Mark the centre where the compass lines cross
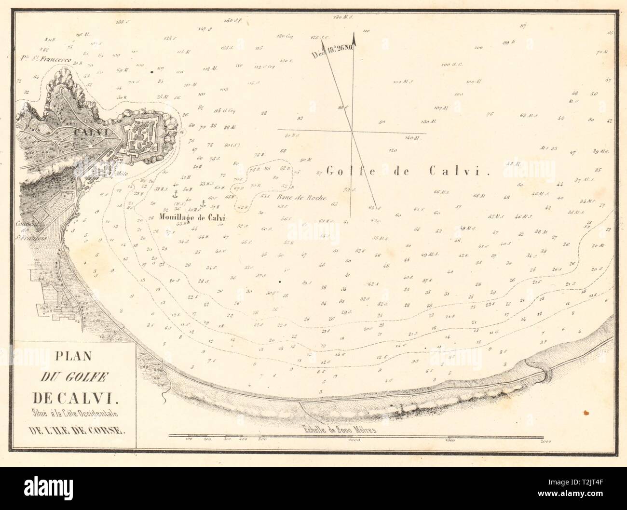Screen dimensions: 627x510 click(x=352, y=131)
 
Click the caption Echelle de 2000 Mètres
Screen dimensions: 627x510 click(x=337, y=430)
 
